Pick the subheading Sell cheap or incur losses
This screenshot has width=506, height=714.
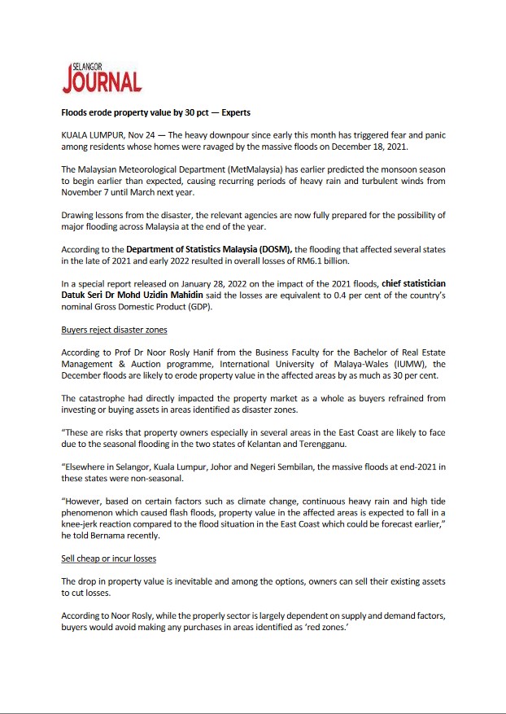click(x=109, y=558)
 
